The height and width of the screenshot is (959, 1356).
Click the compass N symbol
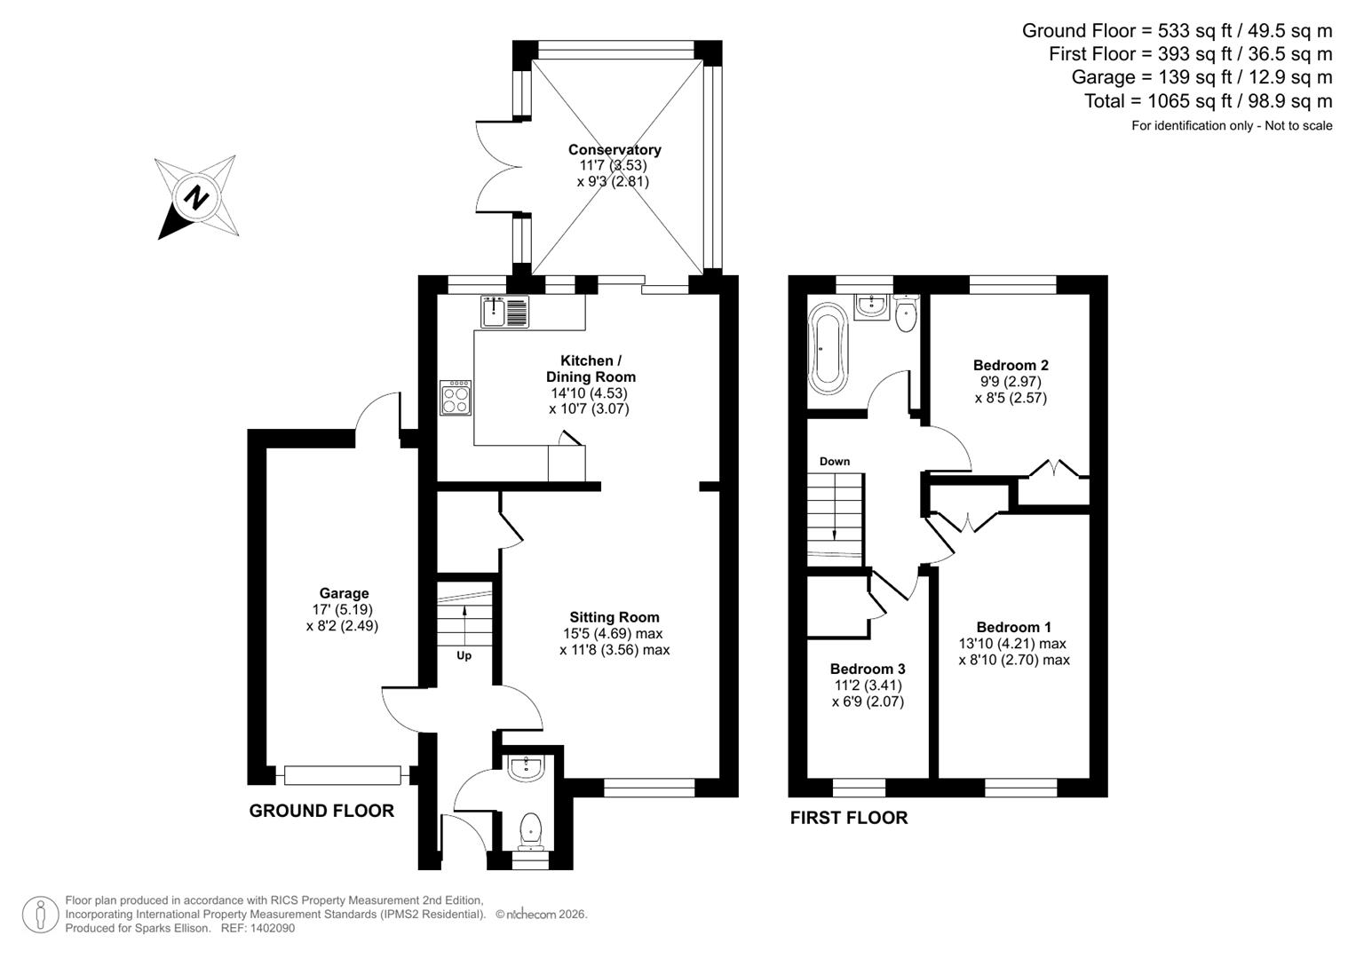pos(196,197)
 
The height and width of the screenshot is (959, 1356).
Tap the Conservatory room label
pos(615,150)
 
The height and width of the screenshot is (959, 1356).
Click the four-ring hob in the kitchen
pos(456,398)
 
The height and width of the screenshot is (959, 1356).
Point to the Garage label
pos(344,593)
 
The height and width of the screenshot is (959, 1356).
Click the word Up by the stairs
pos(464,655)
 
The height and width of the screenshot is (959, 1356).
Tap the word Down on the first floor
pos(834,461)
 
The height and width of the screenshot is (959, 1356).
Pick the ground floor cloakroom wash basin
pos(526,768)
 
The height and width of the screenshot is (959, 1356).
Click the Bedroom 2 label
pos(1011,365)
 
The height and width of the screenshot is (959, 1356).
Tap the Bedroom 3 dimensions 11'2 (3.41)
pos(868,686)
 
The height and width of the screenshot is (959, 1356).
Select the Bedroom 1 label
pos(1013,627)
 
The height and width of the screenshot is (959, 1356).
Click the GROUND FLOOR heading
pos(321,811)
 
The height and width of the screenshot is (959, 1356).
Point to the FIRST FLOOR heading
pos(849,818)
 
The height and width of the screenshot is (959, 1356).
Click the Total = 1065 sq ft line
pos(1208,101)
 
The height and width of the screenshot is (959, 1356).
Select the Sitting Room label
pos(615,617)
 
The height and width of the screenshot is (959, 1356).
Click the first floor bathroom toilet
pos(905,315)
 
